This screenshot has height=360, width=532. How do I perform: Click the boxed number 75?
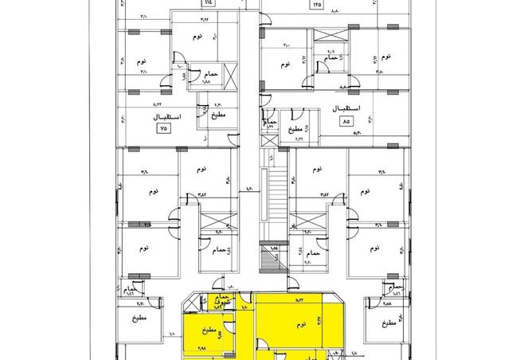(x=164, y=127)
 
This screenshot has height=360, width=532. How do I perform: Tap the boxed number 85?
(x=346, y=123)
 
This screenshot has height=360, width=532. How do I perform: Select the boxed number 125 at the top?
(x=319, y=5)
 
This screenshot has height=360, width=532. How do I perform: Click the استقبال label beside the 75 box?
(x=166, y=115)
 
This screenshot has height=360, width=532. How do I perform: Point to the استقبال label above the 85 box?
(x=349, y=108)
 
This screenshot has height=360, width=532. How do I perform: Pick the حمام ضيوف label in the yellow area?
(x=222, y=301)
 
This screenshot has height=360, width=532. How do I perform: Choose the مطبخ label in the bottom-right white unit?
(x=388, y=324)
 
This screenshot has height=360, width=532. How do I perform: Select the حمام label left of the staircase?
(x=220, y=251)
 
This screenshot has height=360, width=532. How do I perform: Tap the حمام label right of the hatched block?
(x=314, y=252)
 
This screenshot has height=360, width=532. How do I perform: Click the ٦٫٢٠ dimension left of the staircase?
(x=248, y=189)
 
